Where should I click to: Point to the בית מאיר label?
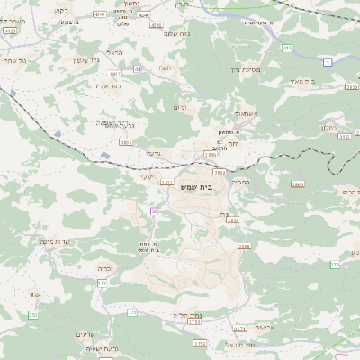[330, 81]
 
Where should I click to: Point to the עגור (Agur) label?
[35, 294]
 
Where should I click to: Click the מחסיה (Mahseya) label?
[241, 182]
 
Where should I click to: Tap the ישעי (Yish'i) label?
[146, 178]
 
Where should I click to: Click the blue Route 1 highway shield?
[328, 60]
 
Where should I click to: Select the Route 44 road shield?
[138, 68]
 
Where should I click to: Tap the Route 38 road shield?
[154, 211]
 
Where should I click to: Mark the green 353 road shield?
[32, 314]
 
